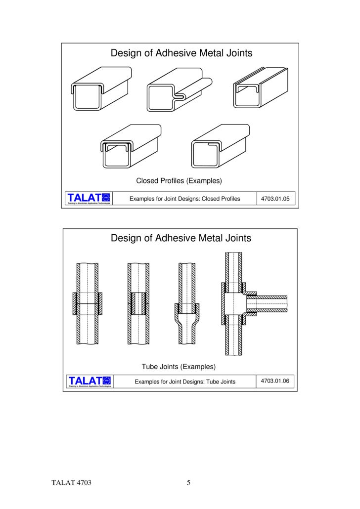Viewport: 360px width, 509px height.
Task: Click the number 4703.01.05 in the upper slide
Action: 277,199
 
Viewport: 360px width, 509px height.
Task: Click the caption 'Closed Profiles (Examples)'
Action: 179,180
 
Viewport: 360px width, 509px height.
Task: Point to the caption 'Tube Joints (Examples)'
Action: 179,367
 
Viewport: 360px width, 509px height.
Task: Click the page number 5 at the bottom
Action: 188,483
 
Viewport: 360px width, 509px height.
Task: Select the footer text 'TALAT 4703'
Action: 72,483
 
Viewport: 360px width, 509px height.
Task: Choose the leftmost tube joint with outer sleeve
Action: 88,304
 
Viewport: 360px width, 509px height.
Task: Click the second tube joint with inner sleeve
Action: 138,304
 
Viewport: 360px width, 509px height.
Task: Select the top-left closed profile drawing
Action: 102,89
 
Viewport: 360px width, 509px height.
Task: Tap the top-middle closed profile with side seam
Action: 178,89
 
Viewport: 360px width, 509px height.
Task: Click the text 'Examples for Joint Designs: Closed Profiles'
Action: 184,199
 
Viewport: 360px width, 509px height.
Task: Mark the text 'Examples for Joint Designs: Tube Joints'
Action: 185,382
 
